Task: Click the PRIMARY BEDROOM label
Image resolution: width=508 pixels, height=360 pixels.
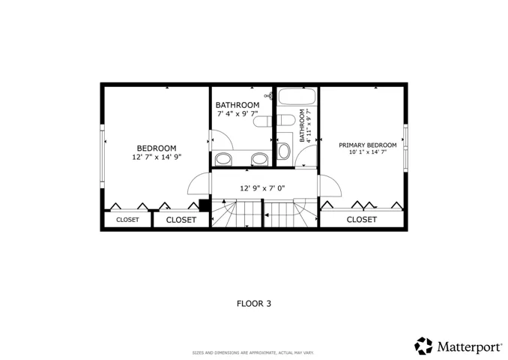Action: click(368, 145)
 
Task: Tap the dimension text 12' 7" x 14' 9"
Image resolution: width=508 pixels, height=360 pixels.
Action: click(157, 157)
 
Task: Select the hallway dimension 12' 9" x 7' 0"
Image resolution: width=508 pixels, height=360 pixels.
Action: click(262, 188)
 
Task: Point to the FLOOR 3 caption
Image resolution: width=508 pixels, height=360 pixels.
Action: click(254, 304)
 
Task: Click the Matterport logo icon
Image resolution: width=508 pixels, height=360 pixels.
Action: click(423, 346)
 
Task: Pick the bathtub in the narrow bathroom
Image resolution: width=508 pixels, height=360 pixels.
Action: click(297, 96)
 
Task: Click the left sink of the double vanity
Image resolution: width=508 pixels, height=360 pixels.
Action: click(223, 158)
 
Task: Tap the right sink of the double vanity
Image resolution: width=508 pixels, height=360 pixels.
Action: click(260, 158)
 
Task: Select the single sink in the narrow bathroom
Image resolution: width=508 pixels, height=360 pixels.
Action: click(284, 151)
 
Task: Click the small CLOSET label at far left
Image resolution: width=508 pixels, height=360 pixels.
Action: click(127, 220)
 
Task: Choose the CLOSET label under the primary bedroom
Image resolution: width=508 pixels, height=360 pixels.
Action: click(362, 220)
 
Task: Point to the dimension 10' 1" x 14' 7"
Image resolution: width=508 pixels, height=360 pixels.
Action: click(368, 151)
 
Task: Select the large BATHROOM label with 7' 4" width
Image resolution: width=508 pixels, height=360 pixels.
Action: click(238, 105)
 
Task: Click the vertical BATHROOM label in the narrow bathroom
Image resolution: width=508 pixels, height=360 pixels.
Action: click(302, 125)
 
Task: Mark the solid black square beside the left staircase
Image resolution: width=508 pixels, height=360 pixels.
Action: click(204, 205)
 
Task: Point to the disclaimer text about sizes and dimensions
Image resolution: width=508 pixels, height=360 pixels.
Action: click(253, 352)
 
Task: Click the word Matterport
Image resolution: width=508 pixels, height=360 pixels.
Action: click(470, 346)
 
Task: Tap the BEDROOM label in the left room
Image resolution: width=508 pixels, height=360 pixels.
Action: click(157, 148)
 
